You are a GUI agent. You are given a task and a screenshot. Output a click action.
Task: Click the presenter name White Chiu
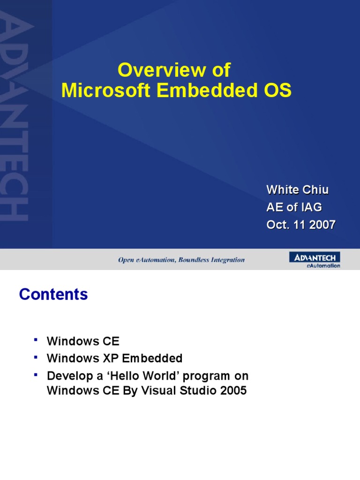click(x=297, y=190)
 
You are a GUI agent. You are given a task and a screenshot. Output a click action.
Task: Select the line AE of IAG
click(x=294, y=207)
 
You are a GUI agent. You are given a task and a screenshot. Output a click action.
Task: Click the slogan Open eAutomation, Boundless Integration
click(x=181, y=260)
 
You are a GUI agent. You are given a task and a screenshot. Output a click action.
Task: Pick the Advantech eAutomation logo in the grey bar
click(x=315, y=260)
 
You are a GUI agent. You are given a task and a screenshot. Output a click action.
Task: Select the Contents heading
click(x=53, y=294)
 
